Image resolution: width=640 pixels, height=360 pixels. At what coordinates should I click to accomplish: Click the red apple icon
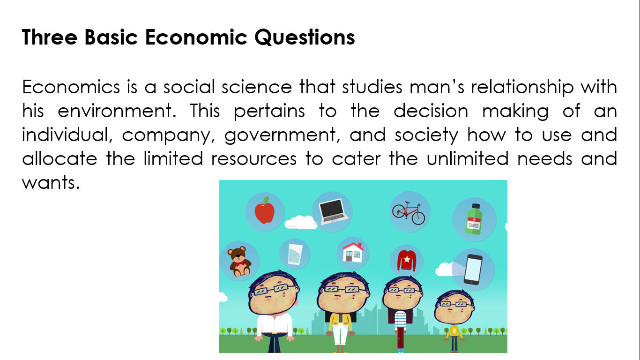(x=265, y=211)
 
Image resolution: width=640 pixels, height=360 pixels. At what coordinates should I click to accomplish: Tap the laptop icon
(x=332, y=211)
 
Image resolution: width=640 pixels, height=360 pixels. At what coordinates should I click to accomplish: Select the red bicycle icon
(x=409, y=213)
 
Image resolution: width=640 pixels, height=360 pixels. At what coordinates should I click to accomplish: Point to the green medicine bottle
(x=474, y=219)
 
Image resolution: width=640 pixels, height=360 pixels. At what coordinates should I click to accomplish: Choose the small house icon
(x=353, y=252)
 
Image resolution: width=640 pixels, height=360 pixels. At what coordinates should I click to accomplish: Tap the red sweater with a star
(x=407, y=261)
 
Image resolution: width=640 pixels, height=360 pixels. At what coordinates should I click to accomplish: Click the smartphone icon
(x=473, y=269)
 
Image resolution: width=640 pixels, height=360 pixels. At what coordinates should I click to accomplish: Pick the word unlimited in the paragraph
(x=468, y=158)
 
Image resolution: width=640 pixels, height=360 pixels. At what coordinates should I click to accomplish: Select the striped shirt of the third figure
(x=400, y=321)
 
